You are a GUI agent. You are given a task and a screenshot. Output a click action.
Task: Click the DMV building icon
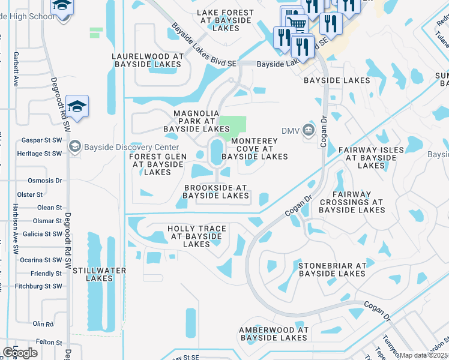click(x=308, y=129)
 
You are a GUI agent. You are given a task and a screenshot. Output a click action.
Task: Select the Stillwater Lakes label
click(x=99, y=274)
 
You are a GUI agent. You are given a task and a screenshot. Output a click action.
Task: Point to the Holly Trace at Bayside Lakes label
click(x=197, y=236)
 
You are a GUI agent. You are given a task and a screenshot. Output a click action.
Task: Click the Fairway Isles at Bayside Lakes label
click(x=369, y=157)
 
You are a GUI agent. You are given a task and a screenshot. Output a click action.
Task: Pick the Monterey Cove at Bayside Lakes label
click(x=255, y=148)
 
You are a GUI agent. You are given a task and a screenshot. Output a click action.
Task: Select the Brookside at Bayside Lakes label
click(x=215, y=191)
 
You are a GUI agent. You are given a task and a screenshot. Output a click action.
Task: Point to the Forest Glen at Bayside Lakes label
click(x=158, y=164)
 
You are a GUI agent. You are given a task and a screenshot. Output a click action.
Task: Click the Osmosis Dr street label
click(x=45, y=180)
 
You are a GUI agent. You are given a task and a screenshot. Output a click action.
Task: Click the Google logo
click(x=20, y=353)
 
